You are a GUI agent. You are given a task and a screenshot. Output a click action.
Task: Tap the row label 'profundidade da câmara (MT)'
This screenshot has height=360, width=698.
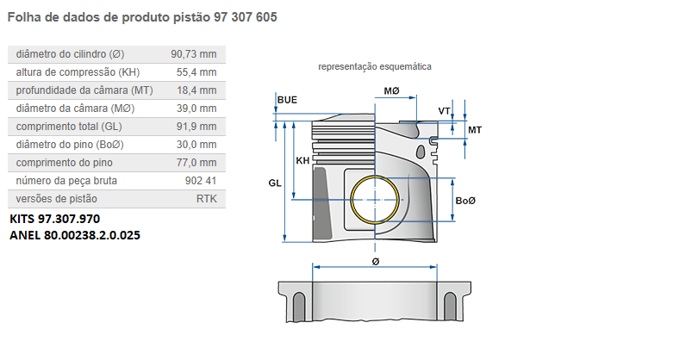[x=84, y=90]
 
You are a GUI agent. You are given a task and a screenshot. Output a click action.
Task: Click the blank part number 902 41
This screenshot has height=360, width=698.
[x=200, y=180]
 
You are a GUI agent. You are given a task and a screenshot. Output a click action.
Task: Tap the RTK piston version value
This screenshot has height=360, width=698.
[x=207, y=198]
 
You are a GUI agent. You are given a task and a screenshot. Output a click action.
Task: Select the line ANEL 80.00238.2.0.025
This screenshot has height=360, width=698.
[x=74, y=234]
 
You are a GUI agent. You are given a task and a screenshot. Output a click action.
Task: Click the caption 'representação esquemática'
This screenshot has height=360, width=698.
[x=374, y=66]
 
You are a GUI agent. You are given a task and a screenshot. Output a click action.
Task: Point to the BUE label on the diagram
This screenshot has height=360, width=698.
[x=287, y=100]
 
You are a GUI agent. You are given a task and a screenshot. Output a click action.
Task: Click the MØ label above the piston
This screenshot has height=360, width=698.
[x=391, y=90]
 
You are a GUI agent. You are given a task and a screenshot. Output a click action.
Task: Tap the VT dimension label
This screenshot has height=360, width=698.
[x=444, y=111]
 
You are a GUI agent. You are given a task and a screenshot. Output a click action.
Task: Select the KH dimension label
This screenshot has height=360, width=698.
[x=302, y=161]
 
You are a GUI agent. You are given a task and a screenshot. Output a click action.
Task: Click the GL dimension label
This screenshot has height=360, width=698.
[x=275, y=183]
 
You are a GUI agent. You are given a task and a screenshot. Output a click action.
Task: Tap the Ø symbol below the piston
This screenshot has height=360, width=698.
[x=375, y=260]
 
